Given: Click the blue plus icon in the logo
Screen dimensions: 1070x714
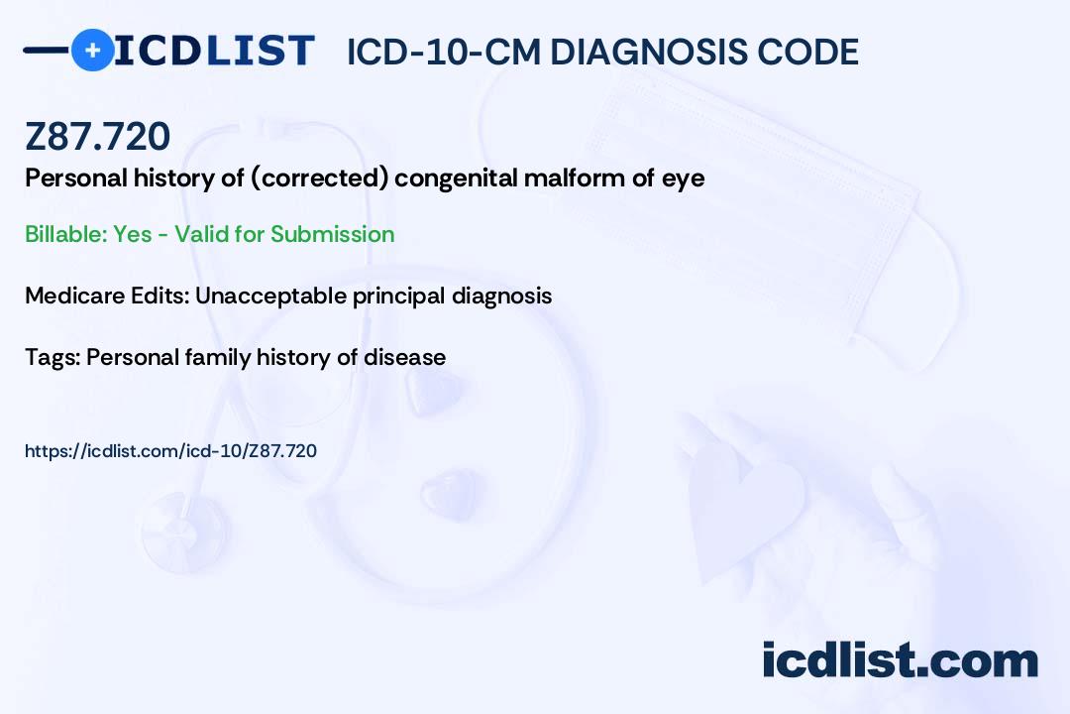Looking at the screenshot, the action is point(92,50).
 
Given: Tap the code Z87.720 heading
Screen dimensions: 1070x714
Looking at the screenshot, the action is point(97,136).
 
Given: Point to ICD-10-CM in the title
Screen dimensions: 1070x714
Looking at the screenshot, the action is point(444,52).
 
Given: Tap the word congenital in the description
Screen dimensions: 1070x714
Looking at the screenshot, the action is point(455,178).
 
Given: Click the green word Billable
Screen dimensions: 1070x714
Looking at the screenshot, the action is point(64,234).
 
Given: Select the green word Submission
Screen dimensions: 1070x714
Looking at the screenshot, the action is point(332,234).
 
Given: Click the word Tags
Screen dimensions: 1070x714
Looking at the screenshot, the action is point(52,358).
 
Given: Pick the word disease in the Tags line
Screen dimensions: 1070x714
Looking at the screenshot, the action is point(404,357).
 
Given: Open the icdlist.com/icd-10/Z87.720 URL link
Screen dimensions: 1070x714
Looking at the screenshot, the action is point(170,451).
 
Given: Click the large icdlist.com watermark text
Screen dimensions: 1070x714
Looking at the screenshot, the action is point(900,660).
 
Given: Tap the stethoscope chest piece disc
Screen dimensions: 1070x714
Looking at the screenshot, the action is point(184,533).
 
